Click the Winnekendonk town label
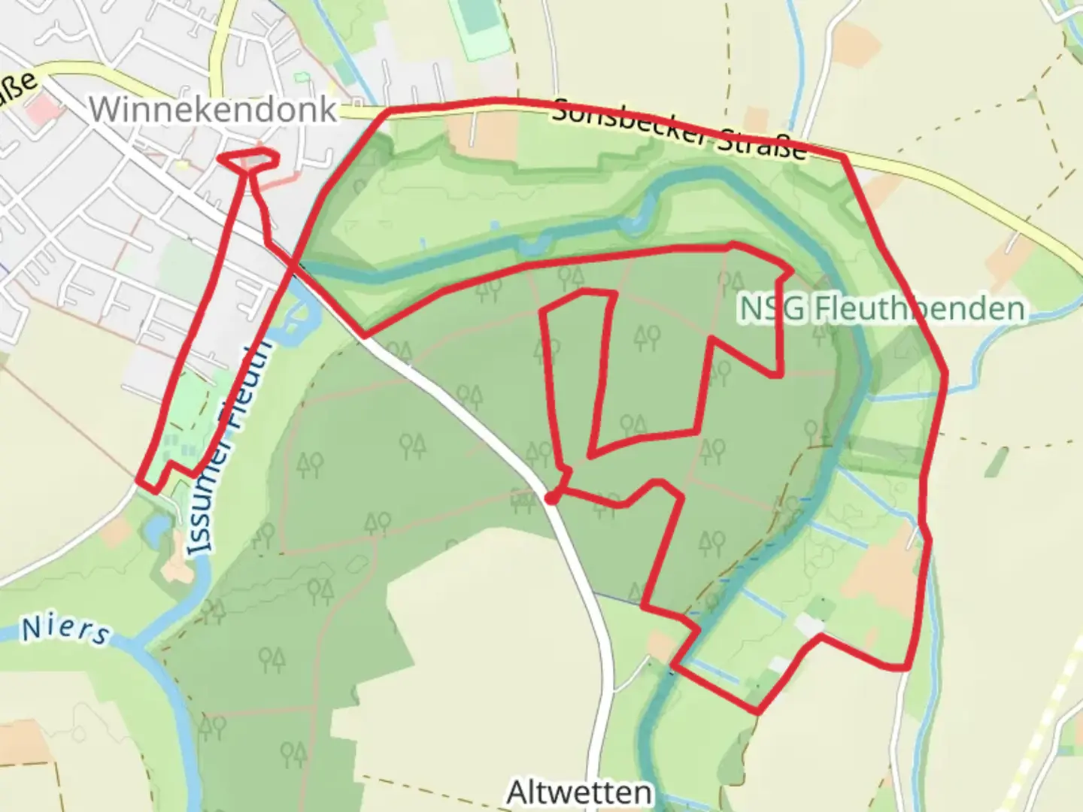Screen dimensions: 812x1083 (213, 110)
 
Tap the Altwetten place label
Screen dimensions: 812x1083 (578, 792)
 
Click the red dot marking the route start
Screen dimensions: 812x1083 (551, 498)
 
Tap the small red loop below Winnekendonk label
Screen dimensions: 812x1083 (249, 161)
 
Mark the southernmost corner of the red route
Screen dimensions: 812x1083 (757, 711)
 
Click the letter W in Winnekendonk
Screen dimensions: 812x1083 (105, 110)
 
